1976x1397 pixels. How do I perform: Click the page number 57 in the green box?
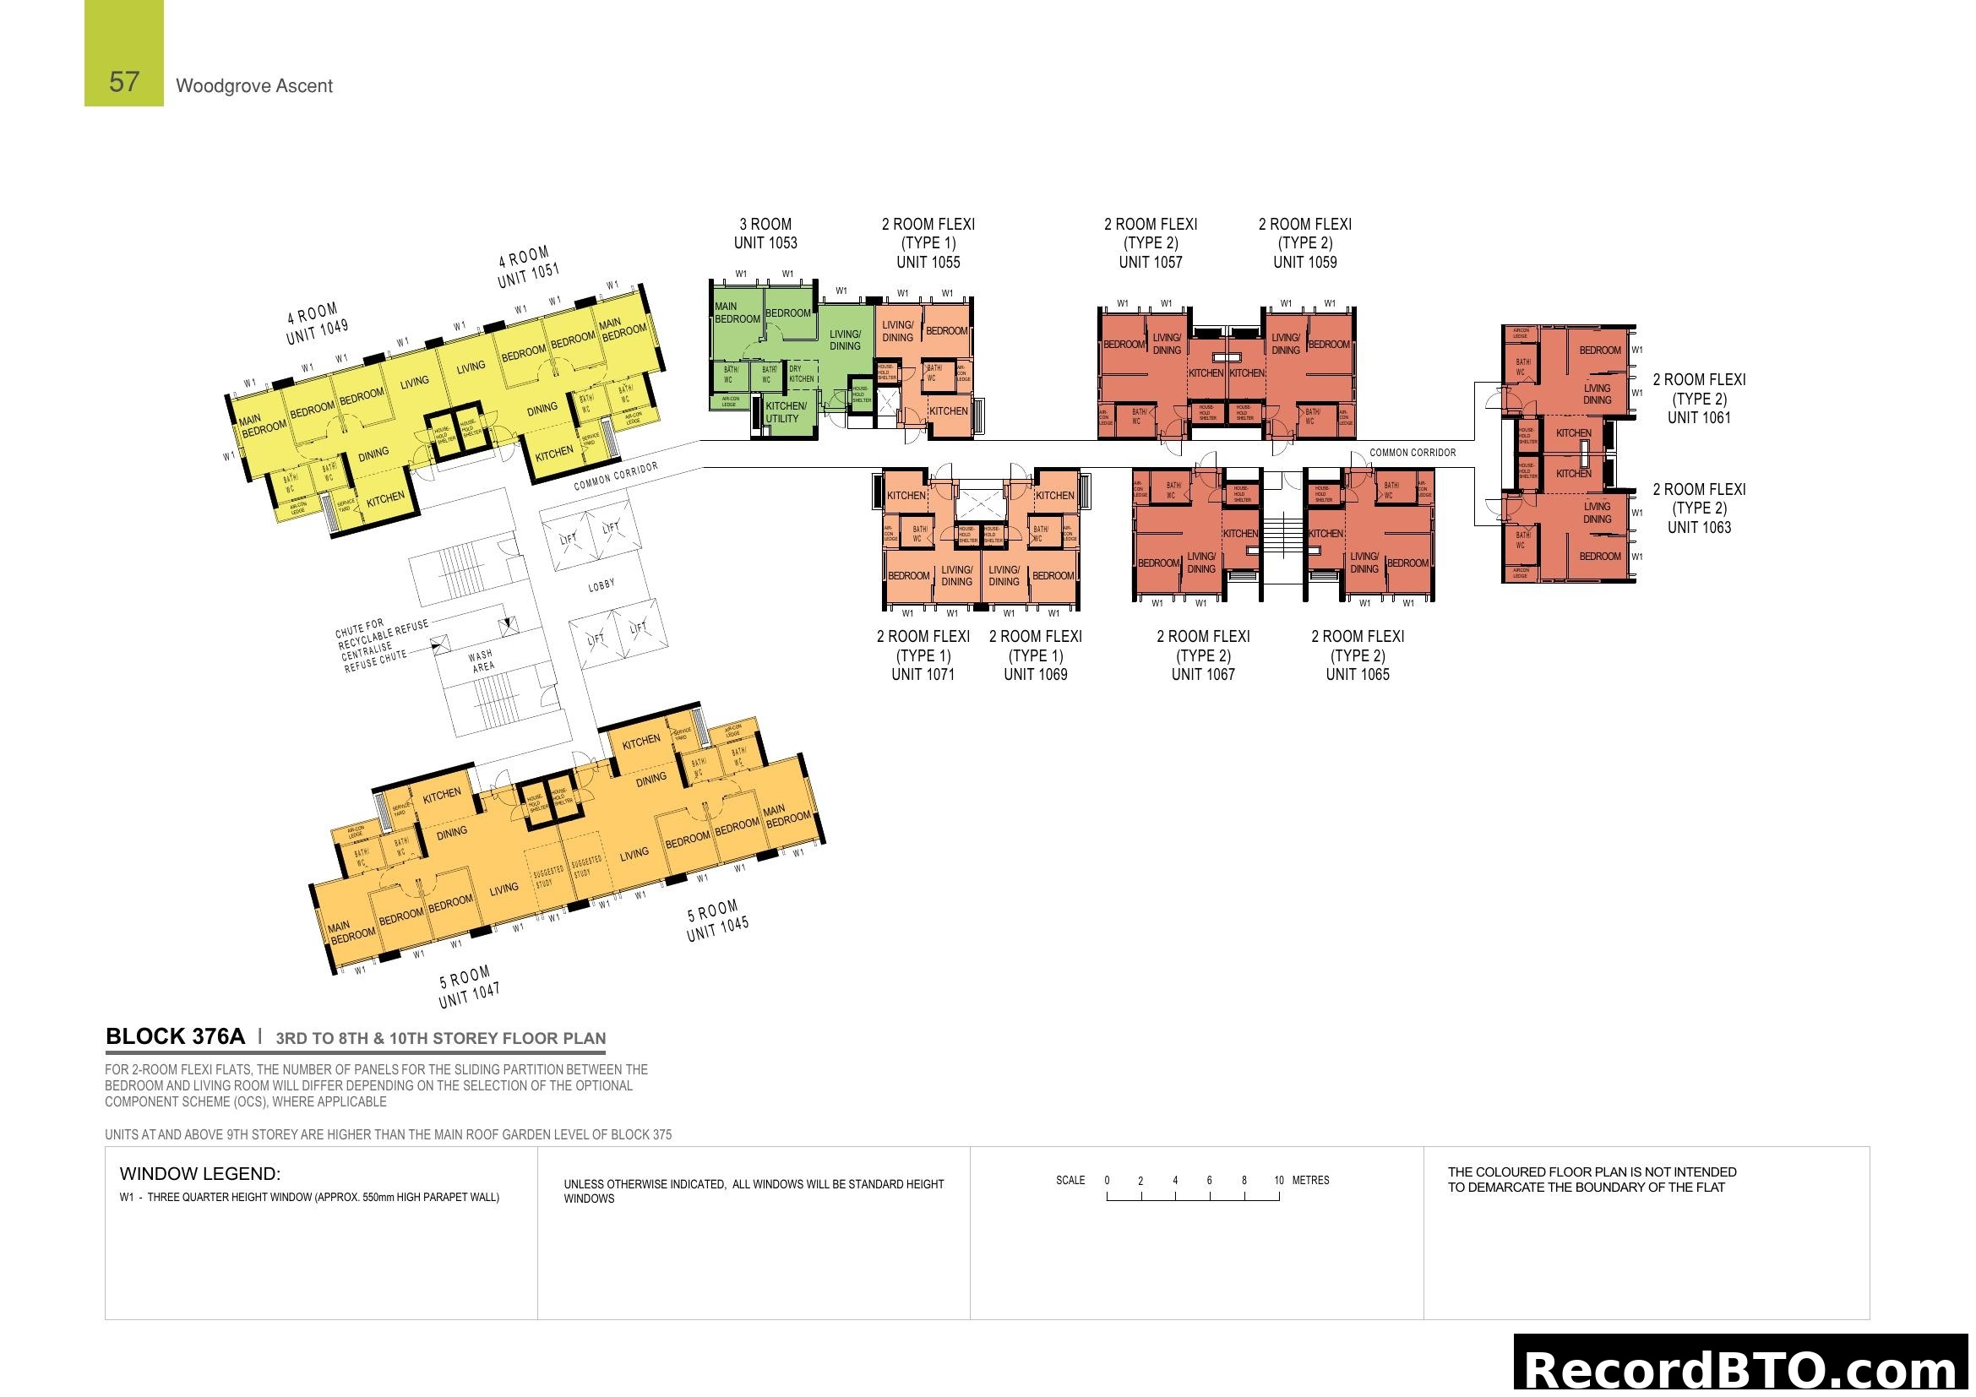click(124, 82)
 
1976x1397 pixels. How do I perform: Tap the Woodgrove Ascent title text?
click(254, 86)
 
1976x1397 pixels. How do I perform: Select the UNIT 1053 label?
click(765, 243)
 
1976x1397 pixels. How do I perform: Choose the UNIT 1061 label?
click(1699, 418)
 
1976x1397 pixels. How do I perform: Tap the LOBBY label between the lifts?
click(602, 586)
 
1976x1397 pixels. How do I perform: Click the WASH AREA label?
click(482, 660)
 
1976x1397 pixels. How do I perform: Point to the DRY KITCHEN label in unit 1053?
click(800, 374)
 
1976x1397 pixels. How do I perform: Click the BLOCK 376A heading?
click(175, 1036)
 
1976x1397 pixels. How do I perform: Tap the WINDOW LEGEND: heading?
click(199, 1174)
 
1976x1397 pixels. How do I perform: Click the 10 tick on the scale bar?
click(1279, 1181)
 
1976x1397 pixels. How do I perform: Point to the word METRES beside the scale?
click(1311, 1181)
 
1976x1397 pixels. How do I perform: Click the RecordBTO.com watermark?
click(1742, 1369)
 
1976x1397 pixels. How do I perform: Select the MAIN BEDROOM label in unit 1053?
click(736, 313)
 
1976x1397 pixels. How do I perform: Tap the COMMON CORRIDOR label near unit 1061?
click(1413, 453)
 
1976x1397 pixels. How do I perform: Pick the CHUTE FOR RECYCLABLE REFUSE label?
click(380, 634)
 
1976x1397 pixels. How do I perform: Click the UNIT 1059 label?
click(1304, 263)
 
